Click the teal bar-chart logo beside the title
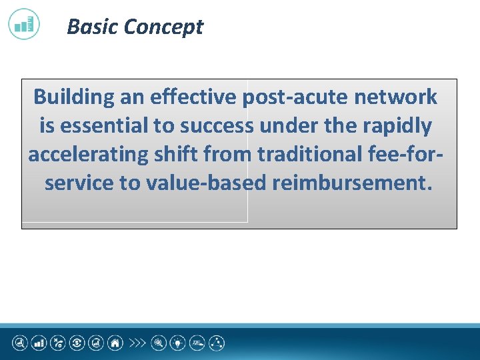[x=24, y=24]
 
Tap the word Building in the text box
[x=74, y=97]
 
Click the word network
[x=395, y=97]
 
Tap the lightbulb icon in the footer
[x=178, y=343]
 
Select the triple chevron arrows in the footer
[x=137, y=343]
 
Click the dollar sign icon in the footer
[x=77, y=343]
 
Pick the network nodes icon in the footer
[x=217, y=343]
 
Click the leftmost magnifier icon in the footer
[x=19, y=343]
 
